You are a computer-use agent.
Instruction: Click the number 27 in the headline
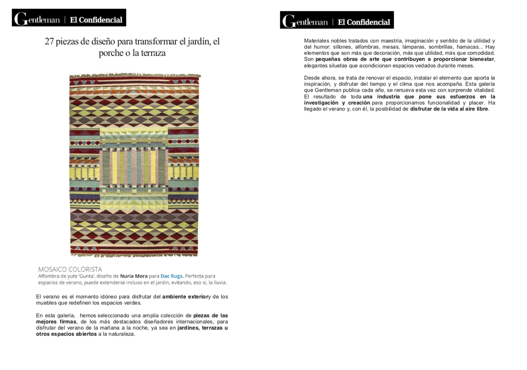coord(49,42)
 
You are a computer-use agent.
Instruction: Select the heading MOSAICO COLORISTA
coord(70,269)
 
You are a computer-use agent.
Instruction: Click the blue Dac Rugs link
coord(172,276)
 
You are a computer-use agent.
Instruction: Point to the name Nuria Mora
coord(134,276)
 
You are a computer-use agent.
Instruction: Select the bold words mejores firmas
coord(56,322)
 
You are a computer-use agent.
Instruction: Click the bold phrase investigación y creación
coord(337,103)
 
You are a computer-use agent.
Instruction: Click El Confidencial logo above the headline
coord(96,20)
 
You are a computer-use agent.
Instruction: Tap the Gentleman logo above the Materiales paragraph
coord(305,22)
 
